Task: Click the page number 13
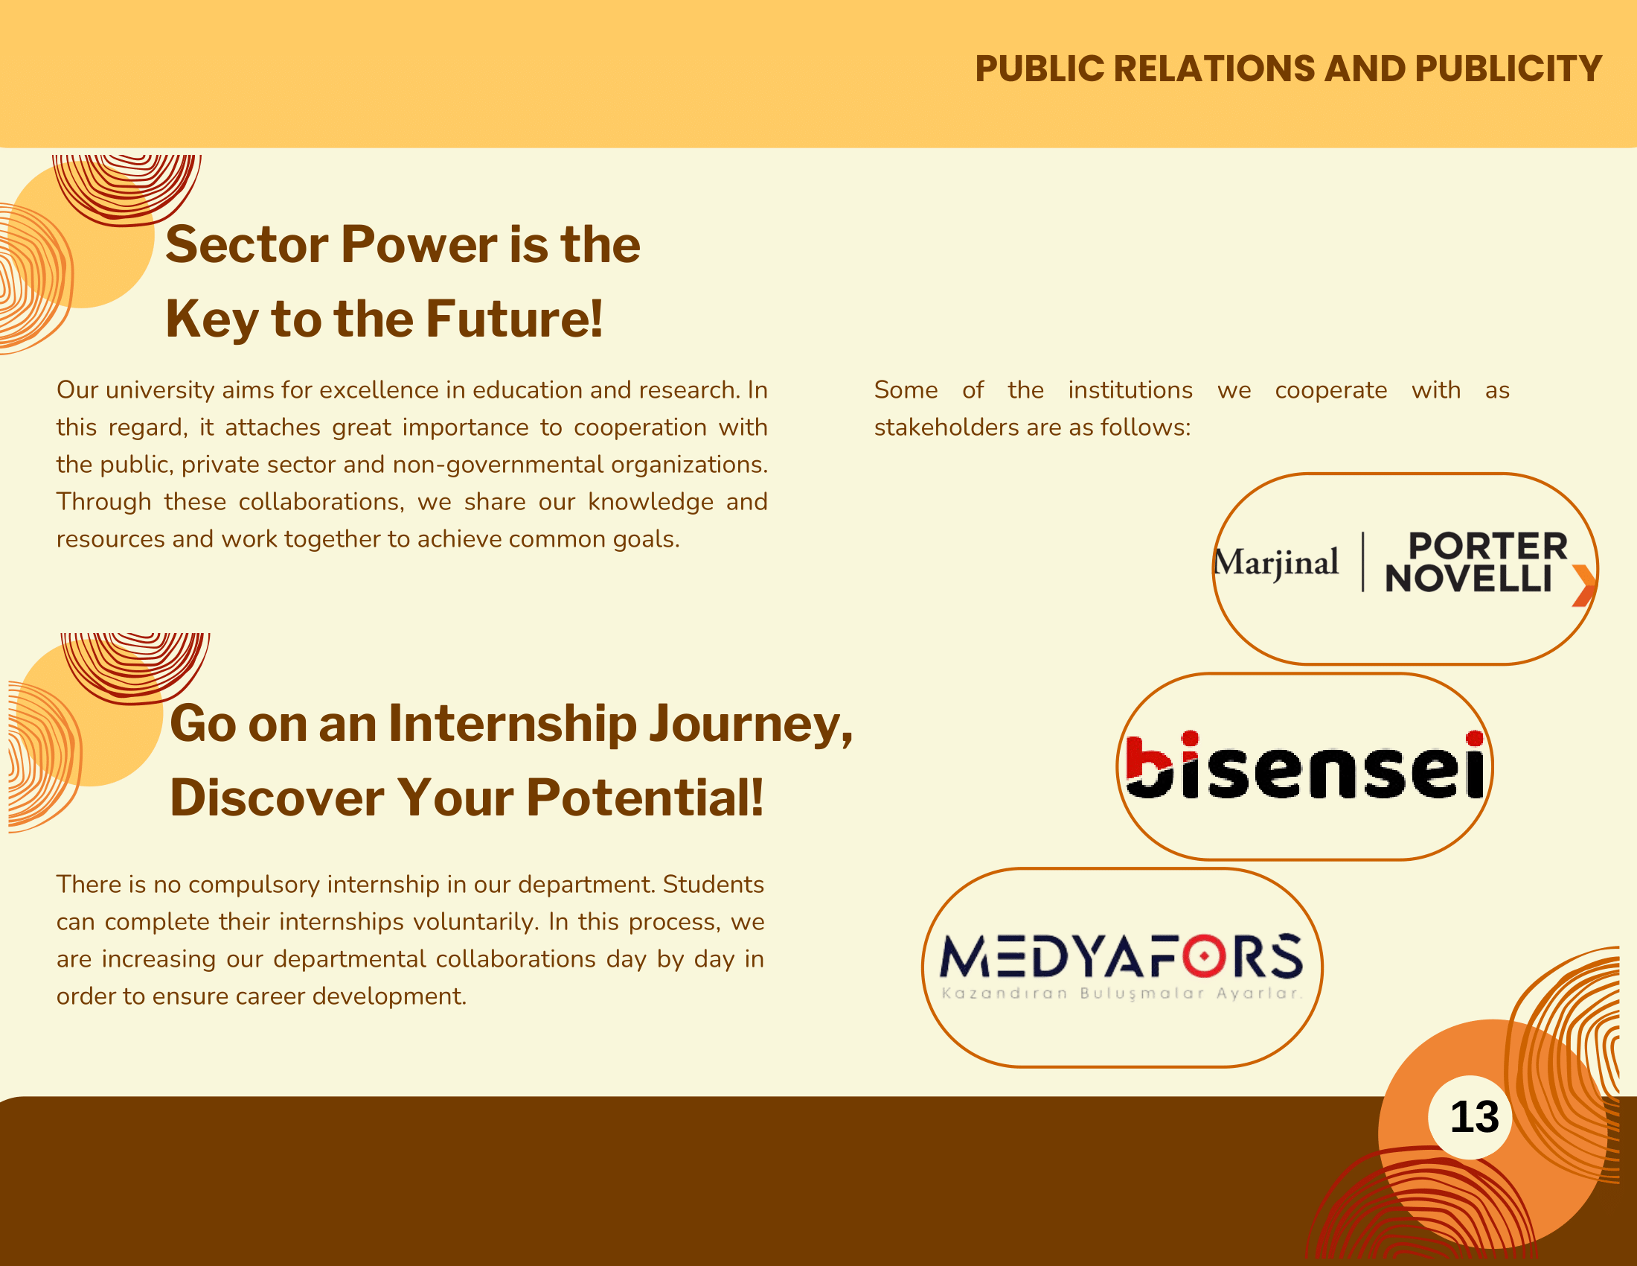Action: point(1474,1117)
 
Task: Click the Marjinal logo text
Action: point(1276,562)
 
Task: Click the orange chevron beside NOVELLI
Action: point(1583,585)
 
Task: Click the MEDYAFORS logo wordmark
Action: point(1121,956)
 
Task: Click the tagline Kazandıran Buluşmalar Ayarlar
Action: point(1121,993)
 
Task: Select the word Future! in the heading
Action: point(514,318)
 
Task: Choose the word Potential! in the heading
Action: point(644,797)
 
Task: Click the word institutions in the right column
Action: point(1130,390)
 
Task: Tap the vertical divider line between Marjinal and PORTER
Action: point(1362,562)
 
